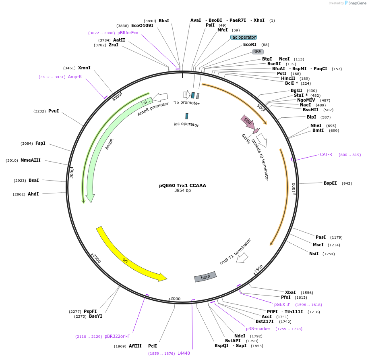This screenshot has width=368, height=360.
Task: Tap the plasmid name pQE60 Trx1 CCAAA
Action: click(182, 185)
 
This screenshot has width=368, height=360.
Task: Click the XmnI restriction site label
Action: click(84, 68)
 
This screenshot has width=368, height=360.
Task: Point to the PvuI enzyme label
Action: click(54, 111)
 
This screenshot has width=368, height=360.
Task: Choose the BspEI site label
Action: click(330, 183)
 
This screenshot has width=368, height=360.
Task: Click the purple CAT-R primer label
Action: click(326, 154)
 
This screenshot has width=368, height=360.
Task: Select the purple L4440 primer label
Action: click(184, 353)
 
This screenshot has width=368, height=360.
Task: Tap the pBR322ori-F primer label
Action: click(117, 336)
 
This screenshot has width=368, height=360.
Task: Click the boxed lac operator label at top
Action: click(244, 37)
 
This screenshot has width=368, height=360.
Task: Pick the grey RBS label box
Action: click(257, 52)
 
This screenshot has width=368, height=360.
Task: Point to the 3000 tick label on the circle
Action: click(72, 173)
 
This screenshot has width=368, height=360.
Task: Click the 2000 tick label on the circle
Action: click(176, 298)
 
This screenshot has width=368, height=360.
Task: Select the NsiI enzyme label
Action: click(314, 254)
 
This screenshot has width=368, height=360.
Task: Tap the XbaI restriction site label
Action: click(290, 292)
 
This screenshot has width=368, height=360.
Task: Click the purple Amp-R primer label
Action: click(75, 77)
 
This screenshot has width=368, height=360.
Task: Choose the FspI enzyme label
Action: click(40, 143)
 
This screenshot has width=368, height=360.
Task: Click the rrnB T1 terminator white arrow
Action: click(242, 258)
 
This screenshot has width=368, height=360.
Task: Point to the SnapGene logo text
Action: click(356, 3)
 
